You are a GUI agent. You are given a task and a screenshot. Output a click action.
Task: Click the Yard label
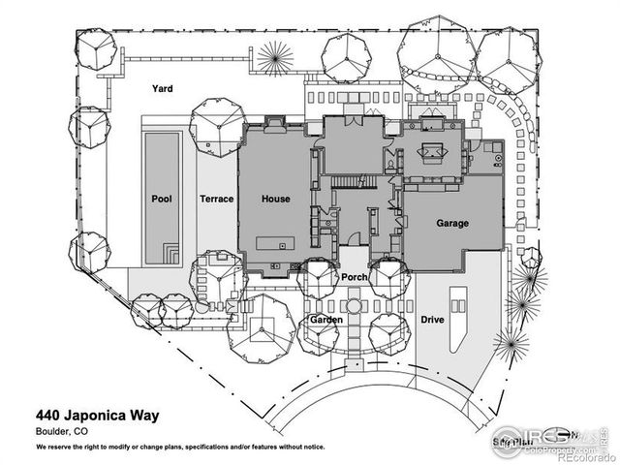(162, 88)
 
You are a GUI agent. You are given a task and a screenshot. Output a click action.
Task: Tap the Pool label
(161, 199)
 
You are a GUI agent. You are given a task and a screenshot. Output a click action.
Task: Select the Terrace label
(216, 199)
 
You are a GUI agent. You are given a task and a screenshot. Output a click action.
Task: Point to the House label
(275, 199)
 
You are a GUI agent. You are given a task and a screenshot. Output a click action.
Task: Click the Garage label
(451, 223)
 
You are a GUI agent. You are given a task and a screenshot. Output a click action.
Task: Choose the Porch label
(353, 277)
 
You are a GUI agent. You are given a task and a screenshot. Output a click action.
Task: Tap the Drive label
(432, 319)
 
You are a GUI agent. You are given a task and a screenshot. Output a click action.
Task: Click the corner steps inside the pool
(170, 255)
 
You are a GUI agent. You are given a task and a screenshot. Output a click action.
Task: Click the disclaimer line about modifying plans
(179, 448)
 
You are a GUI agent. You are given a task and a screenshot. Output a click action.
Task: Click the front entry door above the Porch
(354, 239)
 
